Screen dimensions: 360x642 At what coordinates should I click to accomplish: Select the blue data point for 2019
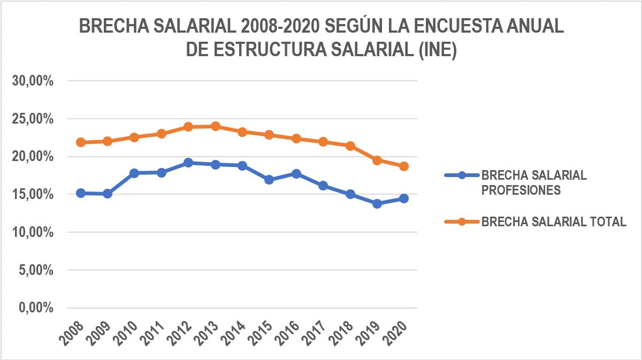coord(377,203)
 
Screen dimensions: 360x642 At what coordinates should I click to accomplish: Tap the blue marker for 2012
coord(188,162)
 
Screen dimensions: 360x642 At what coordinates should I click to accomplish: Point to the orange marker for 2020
coord(404,166)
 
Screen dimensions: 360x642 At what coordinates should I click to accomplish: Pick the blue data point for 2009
coord(108,194)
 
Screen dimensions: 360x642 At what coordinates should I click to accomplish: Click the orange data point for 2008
coord(81,142)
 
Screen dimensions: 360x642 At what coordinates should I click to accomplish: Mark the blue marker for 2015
coord(269,180)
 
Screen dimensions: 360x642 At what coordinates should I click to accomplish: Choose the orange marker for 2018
coord(350,145)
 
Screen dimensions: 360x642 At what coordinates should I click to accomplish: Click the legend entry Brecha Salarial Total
coord(554,222)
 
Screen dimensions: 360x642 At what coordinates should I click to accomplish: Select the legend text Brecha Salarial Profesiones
coord(534,182)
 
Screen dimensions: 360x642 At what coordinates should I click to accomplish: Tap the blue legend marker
coord(462,175)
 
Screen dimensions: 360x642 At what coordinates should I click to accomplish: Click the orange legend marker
coord(462,222)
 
